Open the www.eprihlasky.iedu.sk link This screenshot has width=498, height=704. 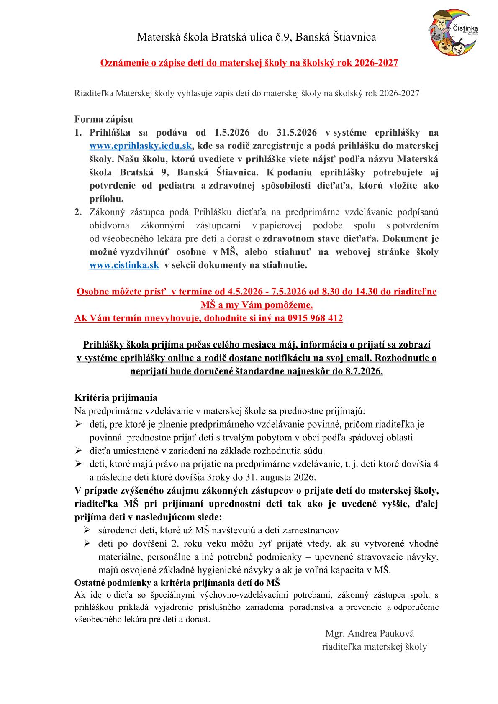click(x=141, y=146)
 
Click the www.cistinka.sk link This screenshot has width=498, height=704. click(x=124, y=265)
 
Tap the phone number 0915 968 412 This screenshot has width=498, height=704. click(x=315, y=318)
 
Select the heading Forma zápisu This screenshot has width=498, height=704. click(x=103, y=119)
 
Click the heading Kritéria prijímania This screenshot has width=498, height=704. click(x=116, y=397)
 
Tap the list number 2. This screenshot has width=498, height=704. click(x=78, y=212)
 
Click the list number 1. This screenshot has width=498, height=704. click(x=78, y=133)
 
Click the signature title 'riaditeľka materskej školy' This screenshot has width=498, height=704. click(x=375, y=646)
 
